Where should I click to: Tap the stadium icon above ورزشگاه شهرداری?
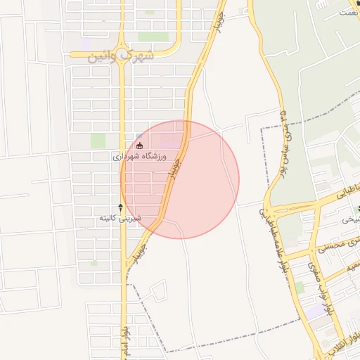[139, 146]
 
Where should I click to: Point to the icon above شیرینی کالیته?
[120, 207]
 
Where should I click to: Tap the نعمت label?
[347, 12]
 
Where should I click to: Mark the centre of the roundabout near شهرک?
[121, 53]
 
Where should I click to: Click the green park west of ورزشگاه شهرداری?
[98, 141]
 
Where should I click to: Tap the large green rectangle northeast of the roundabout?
[153, 36]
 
